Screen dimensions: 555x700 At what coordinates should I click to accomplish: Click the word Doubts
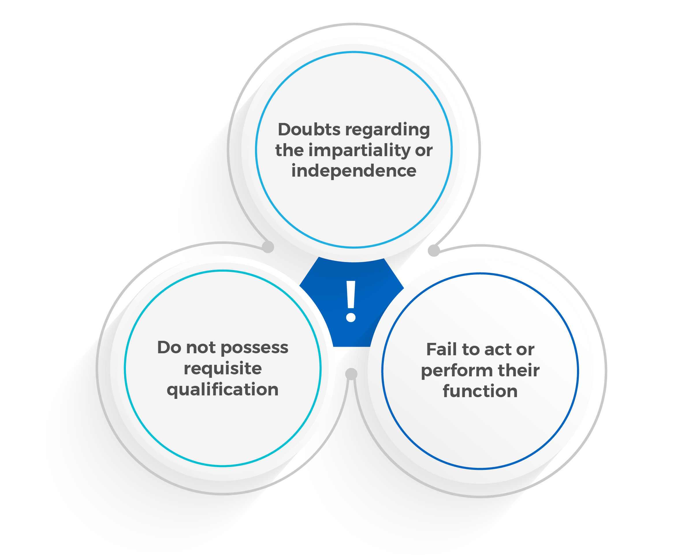(309, 130)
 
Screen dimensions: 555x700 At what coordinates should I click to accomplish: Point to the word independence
(353, 171)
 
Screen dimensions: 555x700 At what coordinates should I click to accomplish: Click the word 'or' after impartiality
(424, 151)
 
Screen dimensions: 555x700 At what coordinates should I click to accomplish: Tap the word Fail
(442, 350)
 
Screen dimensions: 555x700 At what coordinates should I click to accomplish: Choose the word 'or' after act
(525, 350)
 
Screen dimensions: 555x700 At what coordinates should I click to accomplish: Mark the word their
(519, 370)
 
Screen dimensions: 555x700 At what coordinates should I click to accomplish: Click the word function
(480, 391)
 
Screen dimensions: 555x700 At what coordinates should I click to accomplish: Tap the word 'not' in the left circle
(201, 347)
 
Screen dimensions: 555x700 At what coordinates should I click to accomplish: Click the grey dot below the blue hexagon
(351, 374)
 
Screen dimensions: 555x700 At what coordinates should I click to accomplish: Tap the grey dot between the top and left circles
(268, 247)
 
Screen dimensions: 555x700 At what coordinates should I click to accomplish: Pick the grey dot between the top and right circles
(434, 251)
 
